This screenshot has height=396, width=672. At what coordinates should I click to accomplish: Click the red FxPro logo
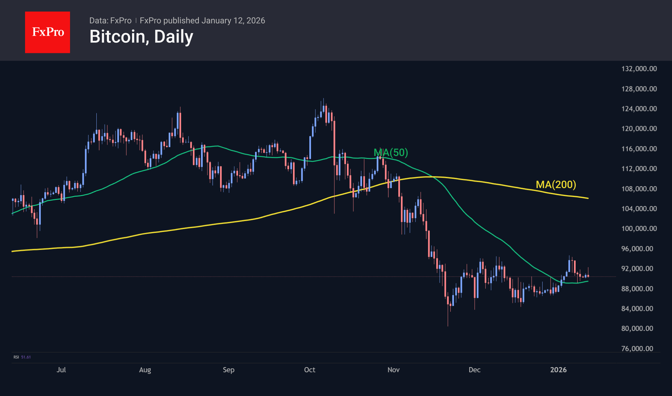(x=48, y=32)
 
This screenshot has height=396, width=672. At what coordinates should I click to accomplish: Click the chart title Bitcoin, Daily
(x=141, y=37)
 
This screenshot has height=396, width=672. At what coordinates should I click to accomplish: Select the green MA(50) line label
(x=391, y=152)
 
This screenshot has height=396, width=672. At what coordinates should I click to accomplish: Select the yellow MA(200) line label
(x=556, y=185)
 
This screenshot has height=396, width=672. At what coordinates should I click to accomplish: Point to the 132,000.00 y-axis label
(x=639, y=69)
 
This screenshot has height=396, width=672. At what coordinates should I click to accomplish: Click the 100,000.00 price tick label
(x=639, y=228)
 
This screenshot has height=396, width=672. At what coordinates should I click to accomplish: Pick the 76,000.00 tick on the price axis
(x=637, y=349)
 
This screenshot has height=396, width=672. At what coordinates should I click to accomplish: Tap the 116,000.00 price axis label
(x=639, y=149)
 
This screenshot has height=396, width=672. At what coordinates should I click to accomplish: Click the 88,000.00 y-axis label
(x=637, y=289)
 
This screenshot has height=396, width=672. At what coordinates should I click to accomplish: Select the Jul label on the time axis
(x=61, y=370)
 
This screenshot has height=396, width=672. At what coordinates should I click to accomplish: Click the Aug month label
(x=145, y=370)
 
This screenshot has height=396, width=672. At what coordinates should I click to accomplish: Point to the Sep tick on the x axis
(x=228, y=370)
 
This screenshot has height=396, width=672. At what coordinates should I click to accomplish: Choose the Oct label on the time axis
(x=310, y=370)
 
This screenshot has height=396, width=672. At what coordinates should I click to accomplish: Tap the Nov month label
(x=393, y=370)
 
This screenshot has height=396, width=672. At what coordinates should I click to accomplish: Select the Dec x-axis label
(x=474, y=370)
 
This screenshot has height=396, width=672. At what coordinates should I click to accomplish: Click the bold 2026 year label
(x=558, y=370)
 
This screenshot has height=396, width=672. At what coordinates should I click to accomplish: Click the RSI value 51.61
(x=26, y=357)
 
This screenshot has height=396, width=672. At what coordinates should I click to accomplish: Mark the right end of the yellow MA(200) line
(x=588, y=198)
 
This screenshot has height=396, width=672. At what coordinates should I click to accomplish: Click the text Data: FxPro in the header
(x=110, y=21)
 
